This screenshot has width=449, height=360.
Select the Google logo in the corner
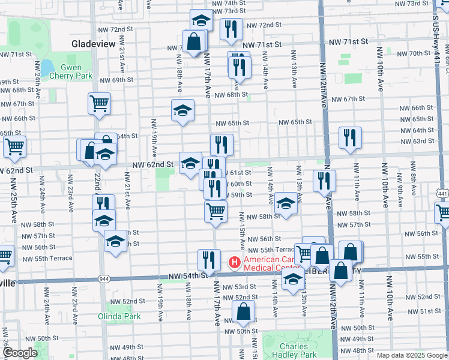20,353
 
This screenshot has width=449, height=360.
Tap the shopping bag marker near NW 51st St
243,311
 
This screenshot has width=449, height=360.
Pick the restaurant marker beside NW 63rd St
349,137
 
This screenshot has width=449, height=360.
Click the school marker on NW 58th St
286,203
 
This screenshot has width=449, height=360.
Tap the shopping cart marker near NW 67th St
99,103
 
